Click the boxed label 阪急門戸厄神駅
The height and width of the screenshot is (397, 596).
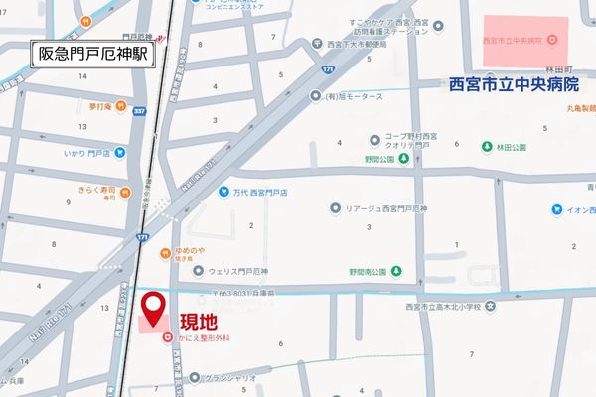(93, 53)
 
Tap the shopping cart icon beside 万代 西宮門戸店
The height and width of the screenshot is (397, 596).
(225, 192)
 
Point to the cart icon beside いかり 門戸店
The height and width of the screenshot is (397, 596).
(119, 152)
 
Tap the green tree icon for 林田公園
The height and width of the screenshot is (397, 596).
(487, 148)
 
